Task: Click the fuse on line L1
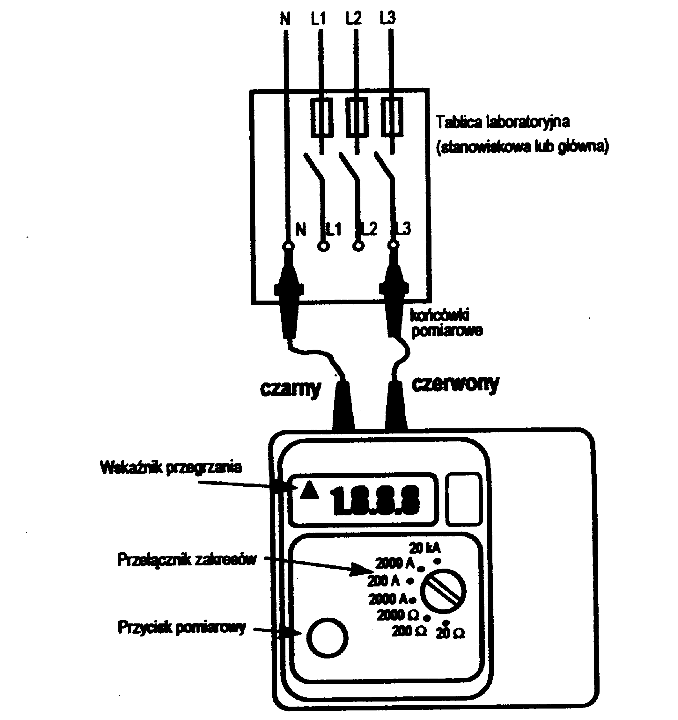(x=322, y=118)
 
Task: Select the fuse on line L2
(x=357, y=118)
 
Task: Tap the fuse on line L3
(x=392, y=118)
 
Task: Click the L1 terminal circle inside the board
(x=323, y=247)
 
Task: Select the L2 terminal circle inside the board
(x=358, y=246)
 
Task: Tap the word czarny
(x=291, y=389)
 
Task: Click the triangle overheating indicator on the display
(x=309, y=491)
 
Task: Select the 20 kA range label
(x=425, y=548)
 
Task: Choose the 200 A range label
(x=383, y=581)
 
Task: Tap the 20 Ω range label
(x=450, y=633)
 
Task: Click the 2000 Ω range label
(x=398, y=615)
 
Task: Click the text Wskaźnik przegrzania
(x=171, y=467)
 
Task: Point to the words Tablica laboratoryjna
(x=503, y=122)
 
